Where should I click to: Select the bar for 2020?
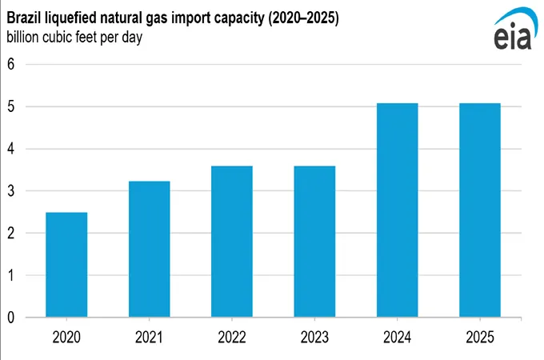point(66,265)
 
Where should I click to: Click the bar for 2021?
point(149,249)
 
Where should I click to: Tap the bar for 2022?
point(232,242)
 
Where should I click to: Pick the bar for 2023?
point(314,242)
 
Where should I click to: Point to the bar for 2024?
point(397,210)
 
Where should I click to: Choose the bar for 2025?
point(479,210)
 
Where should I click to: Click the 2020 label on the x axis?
point(66,337)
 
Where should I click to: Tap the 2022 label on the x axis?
point(232,337)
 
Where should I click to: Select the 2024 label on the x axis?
point(397,337)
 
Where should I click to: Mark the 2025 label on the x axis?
point(479,337)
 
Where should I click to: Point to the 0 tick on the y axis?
point(11,318)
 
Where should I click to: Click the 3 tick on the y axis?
point(11,191)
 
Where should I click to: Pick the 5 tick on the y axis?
point(11,106)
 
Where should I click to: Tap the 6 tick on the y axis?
point(11,64)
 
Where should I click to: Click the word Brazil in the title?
point(25,17)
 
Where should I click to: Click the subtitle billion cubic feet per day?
point(74,38)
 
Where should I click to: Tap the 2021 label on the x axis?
point(149,337)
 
